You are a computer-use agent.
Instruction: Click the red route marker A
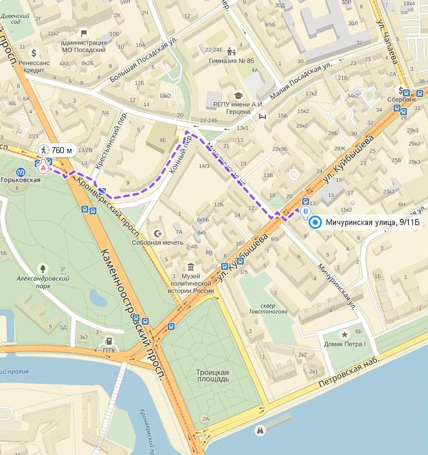(x=44, y=167)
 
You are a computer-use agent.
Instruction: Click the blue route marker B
(x=305, y=211)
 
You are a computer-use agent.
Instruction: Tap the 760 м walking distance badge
(x=56, y=150)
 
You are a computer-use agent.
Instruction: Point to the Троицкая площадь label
(x=212, y=376)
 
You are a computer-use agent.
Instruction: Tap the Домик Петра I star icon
(x=345, y=335)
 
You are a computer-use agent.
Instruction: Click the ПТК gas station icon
(x=110, y=340)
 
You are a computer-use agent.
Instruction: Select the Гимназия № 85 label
(x=231, y=60)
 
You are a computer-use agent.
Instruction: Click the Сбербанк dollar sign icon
(x=400, y=91)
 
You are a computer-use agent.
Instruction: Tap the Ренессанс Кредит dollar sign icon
(x=34, y=53)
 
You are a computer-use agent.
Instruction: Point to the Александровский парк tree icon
(x=43, y=268)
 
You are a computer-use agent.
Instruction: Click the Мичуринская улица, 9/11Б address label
(x=372, y=223)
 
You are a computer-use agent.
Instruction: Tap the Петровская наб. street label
(x=349, y=372)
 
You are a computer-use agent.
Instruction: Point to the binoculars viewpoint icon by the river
(x=261, y=430)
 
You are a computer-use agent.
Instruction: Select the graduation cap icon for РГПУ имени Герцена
(x=238, y=95)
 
